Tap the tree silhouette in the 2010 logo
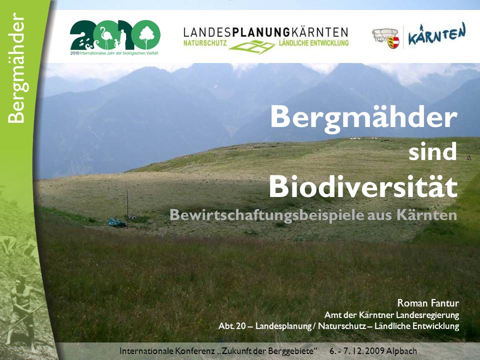147,36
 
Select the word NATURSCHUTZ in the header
205,43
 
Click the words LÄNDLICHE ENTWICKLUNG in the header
313,43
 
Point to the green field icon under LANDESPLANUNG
252,47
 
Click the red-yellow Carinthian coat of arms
393,42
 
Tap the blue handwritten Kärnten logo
437,34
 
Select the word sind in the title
432,151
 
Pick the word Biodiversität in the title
363,186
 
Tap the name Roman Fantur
428,303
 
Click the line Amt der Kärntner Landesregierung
391,314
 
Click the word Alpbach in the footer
401,351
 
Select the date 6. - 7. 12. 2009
356,351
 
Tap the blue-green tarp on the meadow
117,223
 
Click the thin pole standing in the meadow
127,209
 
